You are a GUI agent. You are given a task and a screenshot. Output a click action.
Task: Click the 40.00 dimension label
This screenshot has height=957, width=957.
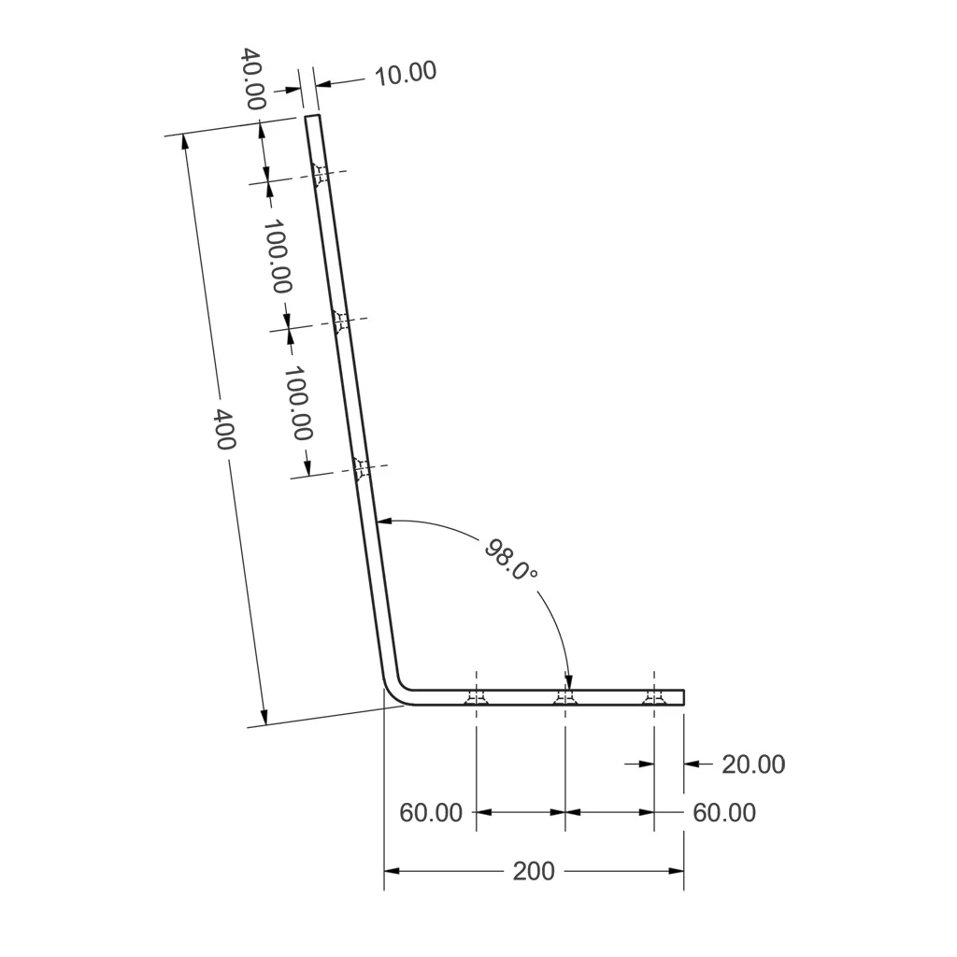[252, 79]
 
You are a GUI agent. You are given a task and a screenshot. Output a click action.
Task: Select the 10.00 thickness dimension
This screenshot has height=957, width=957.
[406, 73]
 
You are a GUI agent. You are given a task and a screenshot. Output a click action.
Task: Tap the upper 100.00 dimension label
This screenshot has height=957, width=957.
[277, 256]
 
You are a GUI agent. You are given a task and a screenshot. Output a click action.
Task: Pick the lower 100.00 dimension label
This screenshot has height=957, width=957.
[298, 403]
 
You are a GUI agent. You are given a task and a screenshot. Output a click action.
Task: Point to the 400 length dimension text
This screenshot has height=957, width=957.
[224, 429]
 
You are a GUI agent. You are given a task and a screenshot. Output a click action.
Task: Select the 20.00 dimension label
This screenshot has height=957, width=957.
[753, 764]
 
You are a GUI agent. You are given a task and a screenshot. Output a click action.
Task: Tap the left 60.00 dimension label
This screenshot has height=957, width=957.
[431, 813]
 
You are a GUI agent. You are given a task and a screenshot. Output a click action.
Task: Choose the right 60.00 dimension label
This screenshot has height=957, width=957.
[724, 813]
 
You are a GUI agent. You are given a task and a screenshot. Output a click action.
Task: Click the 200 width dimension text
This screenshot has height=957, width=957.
[534, 872]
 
